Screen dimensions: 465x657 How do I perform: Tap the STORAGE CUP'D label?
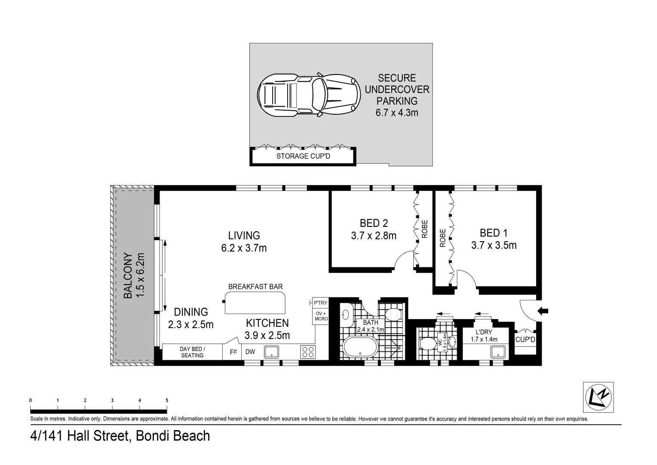[303, 156]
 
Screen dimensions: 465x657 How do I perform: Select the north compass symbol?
[598, 397]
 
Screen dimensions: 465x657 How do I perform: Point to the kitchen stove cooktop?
[307, 352]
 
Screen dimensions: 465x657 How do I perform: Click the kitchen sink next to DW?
[271, 352]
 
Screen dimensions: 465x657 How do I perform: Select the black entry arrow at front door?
[543, 310]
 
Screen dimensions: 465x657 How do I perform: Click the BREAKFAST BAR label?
[255, 286]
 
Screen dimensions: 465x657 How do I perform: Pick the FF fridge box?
[233, 352]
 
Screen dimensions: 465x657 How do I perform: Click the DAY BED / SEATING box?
[192, 352]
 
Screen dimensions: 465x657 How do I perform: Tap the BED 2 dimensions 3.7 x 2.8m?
[374, 236]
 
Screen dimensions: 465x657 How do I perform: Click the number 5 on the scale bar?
[167, 400]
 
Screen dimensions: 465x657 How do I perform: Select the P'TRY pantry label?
[321, 303]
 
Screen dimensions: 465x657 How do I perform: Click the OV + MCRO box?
[321, 316]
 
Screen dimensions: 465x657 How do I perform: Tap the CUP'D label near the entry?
[525, 340]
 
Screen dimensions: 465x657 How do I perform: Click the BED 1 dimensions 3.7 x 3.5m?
[494, 245]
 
